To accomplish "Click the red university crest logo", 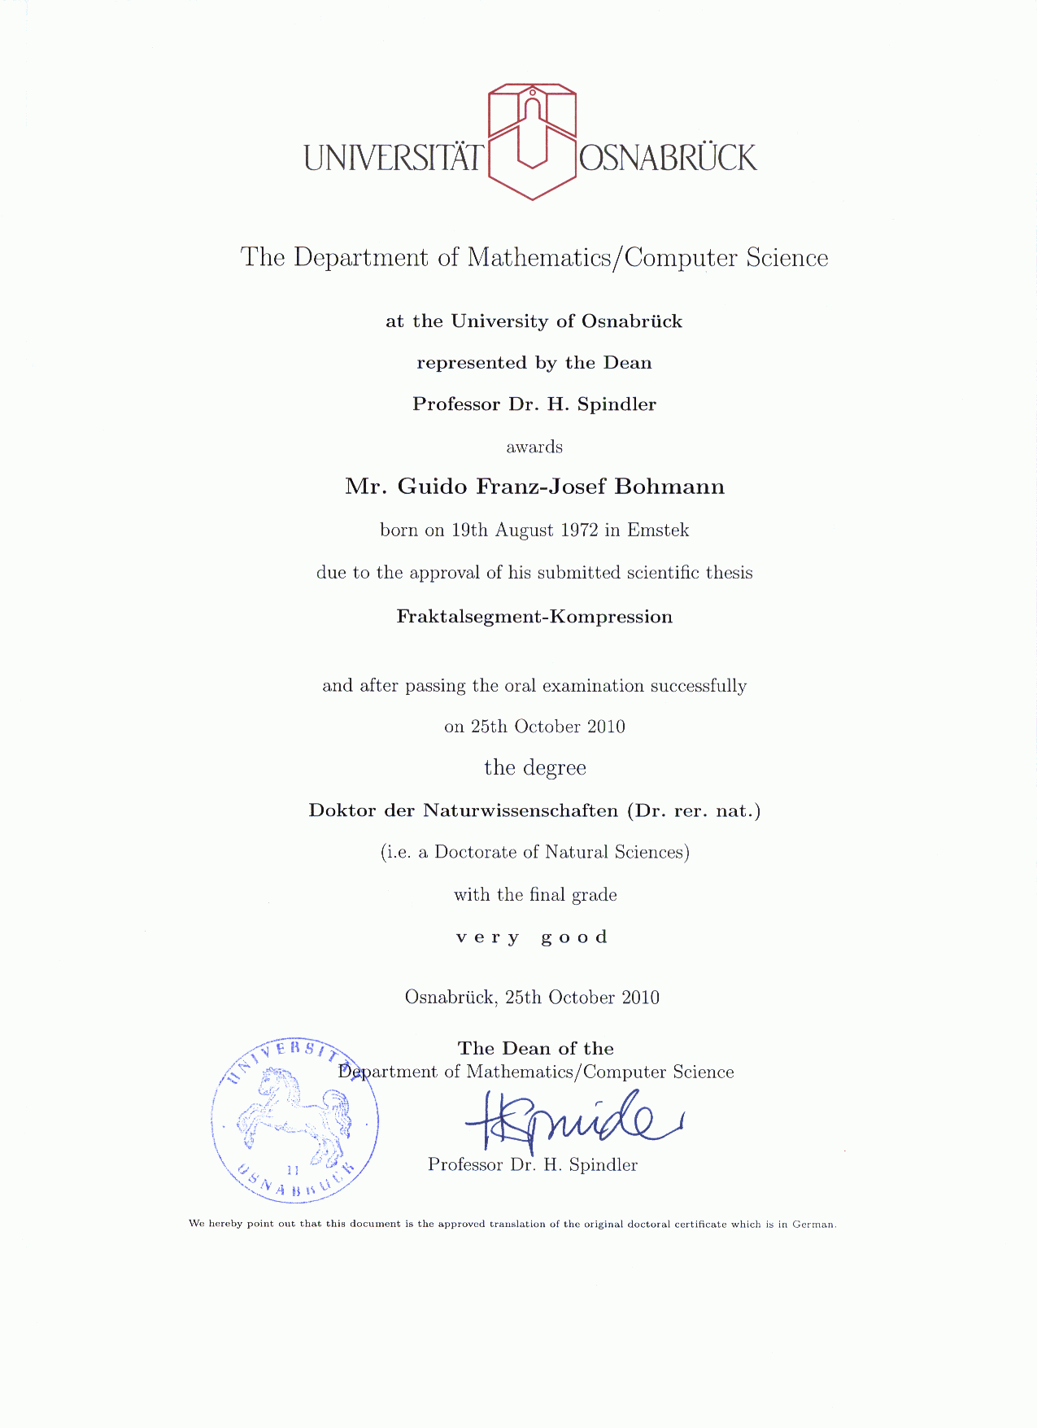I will (532, 141).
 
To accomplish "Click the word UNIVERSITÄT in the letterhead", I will (394, 157).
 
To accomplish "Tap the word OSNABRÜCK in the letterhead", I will (668, 157).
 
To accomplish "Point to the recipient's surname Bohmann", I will (669, 487).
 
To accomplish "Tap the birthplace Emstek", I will (658, 531).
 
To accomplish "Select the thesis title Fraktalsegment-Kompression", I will (534, 617).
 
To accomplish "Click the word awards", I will (534, 448).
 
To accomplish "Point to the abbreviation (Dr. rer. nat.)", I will (693, 811).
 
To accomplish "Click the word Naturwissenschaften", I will (521, 811).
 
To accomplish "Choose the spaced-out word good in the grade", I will (574, 937).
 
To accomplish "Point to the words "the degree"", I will (534, 768).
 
